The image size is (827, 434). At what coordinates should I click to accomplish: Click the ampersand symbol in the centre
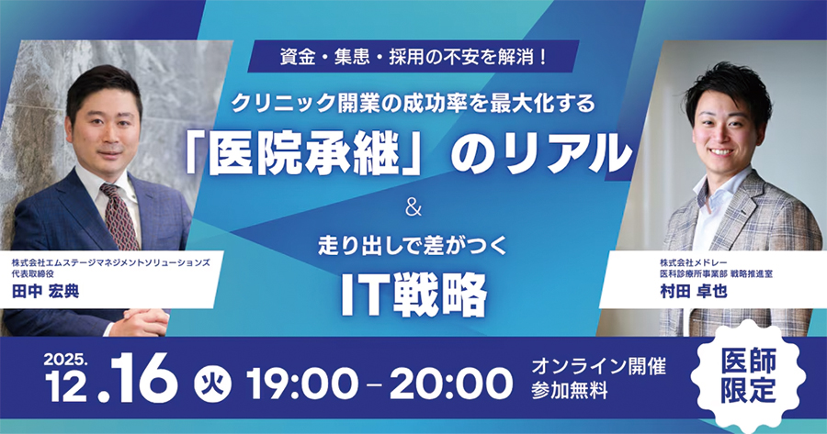click(x=412, y=208)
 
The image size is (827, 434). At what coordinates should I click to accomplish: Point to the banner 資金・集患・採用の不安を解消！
click(x=412, y=57)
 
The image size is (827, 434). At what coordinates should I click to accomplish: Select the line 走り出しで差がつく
click(x=412, y=246)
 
